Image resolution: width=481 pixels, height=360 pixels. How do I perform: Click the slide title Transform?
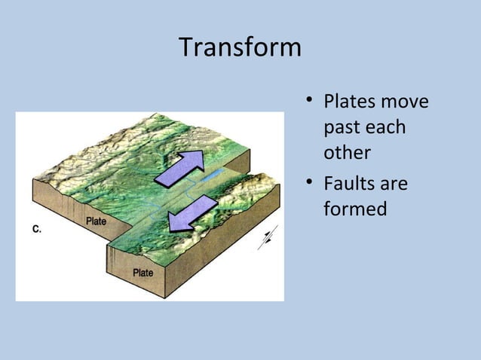[x=240, y=48]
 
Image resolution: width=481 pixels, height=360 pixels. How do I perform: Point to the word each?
[x=386, y=127]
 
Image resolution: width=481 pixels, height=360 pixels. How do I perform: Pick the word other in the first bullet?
[x=347, y=154]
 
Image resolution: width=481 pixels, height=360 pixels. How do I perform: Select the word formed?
[x=355, y=208]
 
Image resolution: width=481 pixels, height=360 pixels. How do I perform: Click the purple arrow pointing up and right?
[x=181, y=167]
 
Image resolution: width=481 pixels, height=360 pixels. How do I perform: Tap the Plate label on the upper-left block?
[x=96, y=221]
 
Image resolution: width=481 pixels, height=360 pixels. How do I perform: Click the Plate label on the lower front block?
[x=143, y=273]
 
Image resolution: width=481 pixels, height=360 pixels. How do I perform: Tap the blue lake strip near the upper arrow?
[x=213, y=175]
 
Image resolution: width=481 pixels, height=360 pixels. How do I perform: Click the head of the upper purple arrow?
[x=195, y=159]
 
